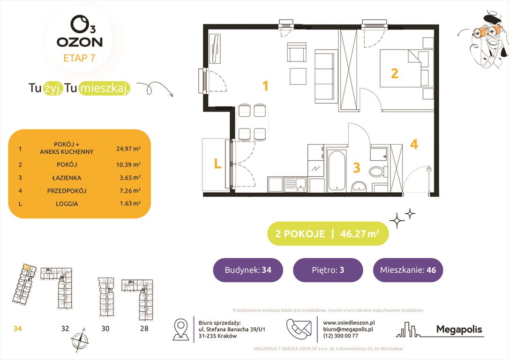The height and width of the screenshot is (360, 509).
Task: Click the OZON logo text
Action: coord(79,42)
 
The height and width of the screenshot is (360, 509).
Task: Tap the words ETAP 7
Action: coord(80,59)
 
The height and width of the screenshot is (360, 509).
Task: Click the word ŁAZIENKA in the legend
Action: coord(67,178)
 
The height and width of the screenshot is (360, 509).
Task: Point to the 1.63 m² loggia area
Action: coord(128,204)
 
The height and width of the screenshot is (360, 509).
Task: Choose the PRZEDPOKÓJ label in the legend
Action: coord(67,191)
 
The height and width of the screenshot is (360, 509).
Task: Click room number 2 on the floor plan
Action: coord(395,73)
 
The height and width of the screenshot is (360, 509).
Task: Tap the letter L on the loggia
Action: coord(217,164)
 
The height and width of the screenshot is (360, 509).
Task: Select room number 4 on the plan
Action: coord(414,144)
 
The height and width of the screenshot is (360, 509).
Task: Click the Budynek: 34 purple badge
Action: coord(247,270)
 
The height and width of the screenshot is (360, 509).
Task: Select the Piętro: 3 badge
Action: coord(328,270)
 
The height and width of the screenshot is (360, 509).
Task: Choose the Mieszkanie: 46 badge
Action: coord(408,270)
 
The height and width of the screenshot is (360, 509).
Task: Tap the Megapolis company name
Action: coord(459,330)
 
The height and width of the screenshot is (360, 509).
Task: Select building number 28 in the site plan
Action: coord(144,329)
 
